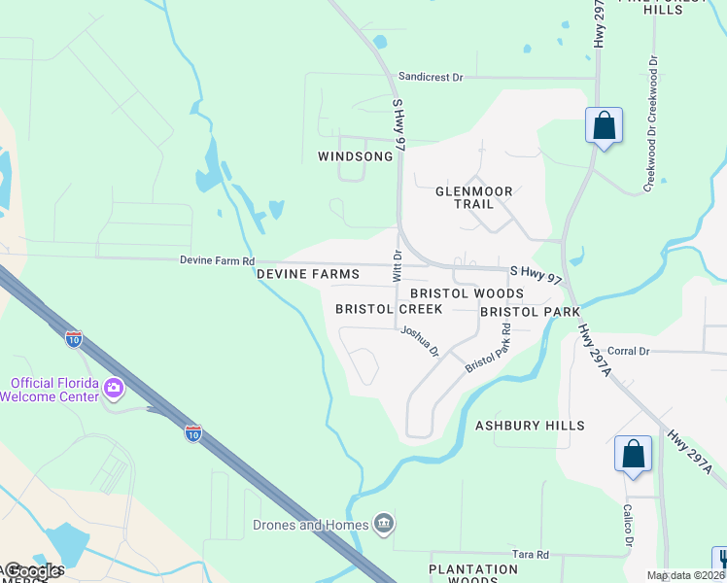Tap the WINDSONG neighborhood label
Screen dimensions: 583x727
point(356,156)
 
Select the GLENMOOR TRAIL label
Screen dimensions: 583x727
point(473,198)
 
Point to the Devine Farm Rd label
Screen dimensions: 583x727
point(217,261)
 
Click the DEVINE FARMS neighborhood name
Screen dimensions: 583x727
point(308,275)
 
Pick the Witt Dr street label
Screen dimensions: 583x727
point(397,266)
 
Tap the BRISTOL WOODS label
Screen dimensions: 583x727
point(467,293)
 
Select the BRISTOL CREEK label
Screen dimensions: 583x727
point(389,309)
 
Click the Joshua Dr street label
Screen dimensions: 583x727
point(420,340)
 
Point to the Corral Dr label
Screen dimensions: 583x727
point(628,350)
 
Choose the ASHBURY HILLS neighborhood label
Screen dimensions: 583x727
point(530,426)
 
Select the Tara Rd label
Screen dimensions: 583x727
point(531,555)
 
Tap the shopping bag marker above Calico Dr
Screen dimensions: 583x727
point(633,455)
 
